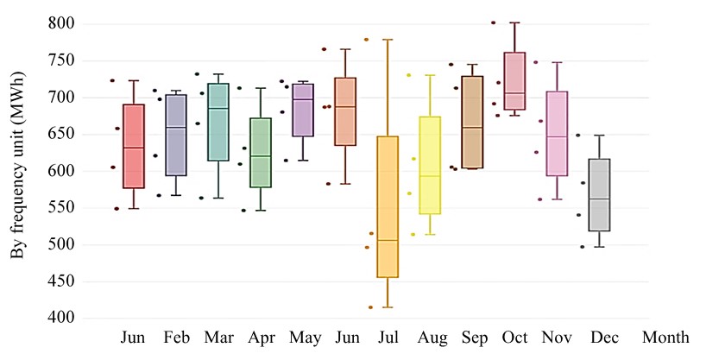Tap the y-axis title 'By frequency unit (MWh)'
pyautogui.click(x=16, y=171)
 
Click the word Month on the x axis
pyautogui.click(x=664, y=336)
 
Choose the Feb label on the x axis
pyautogui.click(x=176, y=336)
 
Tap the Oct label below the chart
pyautogui.click(x=514, y=336)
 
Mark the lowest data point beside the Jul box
pyautogui.click(x=371, y=307)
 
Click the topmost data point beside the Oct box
pyautogui.click(x=494, y=22)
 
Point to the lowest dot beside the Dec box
pyautogui.click(x=582, y=247)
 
